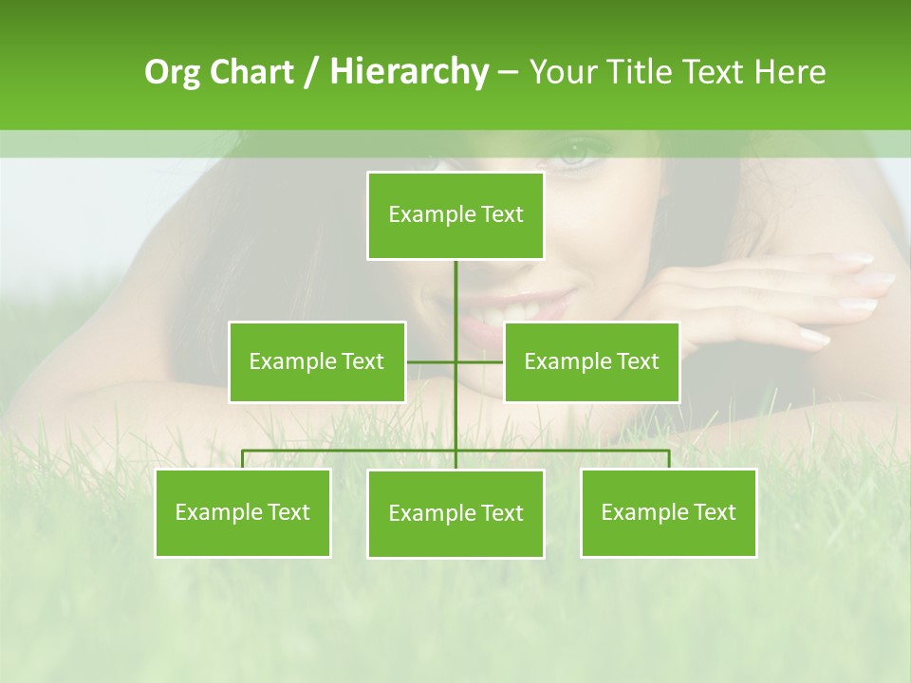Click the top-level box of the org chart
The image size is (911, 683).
[455, 215]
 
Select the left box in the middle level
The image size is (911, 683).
[317, 361]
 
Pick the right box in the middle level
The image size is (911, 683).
[591, 361]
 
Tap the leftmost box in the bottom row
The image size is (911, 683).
[243, 512]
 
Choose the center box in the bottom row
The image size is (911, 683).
[455, 513]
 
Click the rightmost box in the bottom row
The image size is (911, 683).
[668, 512]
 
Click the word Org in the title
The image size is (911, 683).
[172, 72]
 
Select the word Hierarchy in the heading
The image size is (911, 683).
[408, 72]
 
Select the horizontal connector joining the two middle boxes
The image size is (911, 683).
[455, 361]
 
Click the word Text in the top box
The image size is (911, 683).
[502, 215]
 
